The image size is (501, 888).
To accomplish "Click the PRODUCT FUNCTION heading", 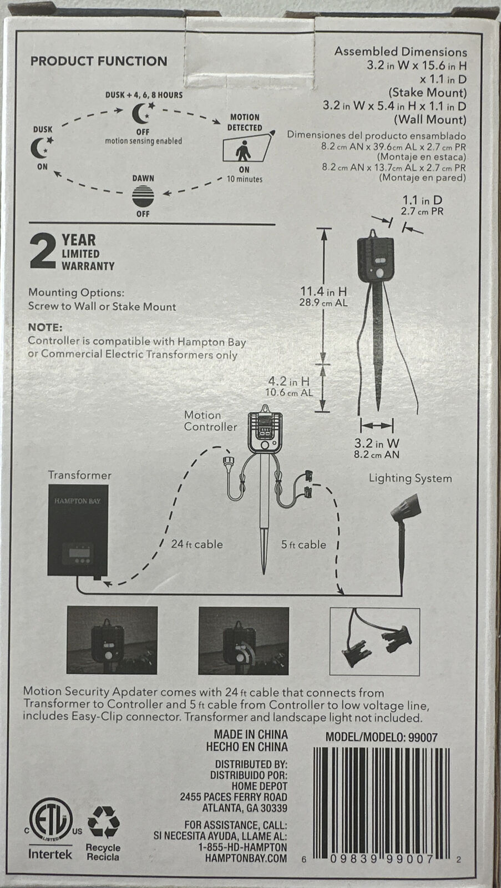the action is coord(99,61).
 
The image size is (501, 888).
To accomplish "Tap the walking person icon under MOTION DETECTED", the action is coord(242,150).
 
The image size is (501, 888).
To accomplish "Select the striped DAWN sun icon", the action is coord(143,196).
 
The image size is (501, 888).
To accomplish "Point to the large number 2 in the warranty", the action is coord(43,252).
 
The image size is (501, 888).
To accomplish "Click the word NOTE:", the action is coord(45,327).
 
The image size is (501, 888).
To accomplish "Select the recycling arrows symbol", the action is coord(103,822).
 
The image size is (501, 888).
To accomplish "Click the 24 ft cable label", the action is coord(196,544).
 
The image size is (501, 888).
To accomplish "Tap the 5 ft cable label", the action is coord(303,544).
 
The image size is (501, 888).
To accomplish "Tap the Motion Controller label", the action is coord(210,421).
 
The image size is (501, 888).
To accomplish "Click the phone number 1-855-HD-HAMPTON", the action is coord(242,847).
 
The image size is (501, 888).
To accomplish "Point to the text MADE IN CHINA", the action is coord(251,735).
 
